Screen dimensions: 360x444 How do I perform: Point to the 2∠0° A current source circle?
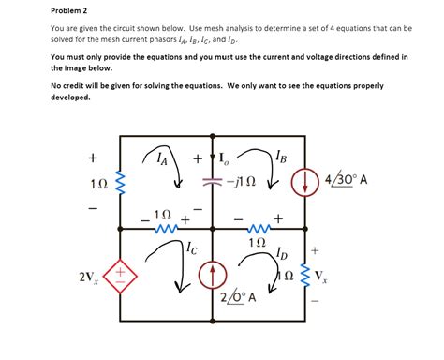point(215,276)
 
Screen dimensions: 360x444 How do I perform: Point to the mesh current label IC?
point(190,248)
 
